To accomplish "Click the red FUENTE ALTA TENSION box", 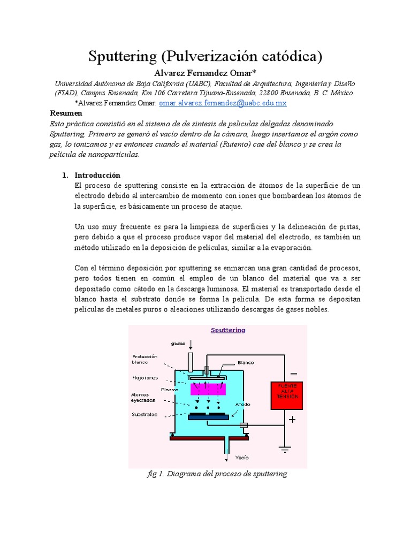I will pos(287,395).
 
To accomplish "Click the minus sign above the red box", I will pos(293,374).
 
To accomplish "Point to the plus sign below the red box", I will pos(292,420).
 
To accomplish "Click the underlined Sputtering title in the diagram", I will pos(228,330).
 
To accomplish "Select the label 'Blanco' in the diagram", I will pos(246,362).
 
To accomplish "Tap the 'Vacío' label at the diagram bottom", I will pos(242,458).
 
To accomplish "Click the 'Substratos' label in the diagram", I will pos(145,414).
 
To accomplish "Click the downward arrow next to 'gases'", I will pos(191,345).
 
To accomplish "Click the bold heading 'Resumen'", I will pos(66,113).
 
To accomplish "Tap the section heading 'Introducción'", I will pos(97,175).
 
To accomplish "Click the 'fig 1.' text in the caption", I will pos(155,474).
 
